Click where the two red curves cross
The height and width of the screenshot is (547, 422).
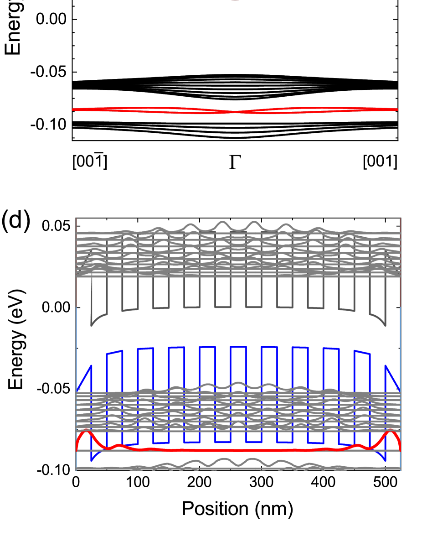tap(235, 111)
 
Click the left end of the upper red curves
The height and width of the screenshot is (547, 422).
tap(73, 109)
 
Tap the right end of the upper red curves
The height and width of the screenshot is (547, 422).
tap(397, 109)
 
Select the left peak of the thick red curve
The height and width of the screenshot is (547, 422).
tap(86, 432)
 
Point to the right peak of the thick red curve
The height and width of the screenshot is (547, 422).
tap(391, 432)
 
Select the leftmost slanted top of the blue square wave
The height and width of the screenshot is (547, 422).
tap(114, 352)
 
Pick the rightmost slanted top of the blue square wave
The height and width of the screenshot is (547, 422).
tap(362, 352)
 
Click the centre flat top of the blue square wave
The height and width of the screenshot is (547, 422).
tap(238, 347)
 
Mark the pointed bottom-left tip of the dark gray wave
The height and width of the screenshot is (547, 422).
tap(92, 325)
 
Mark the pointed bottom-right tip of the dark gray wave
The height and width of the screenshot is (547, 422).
tap(385, 325)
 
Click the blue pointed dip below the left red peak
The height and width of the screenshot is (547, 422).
tap(92, 460)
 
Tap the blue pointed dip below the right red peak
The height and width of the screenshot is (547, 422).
tap(385, 460)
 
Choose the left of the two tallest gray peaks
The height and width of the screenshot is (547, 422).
tap(222, 222)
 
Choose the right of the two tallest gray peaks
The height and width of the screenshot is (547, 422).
tap(253, 222)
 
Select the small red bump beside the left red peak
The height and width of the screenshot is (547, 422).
tap(119, 445)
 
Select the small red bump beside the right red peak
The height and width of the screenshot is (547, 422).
tap(358, 445)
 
